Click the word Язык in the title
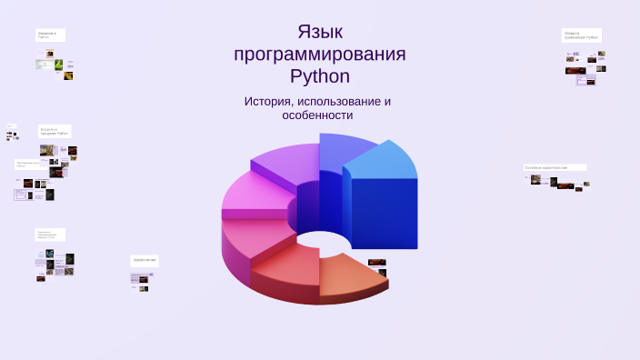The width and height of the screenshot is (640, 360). click(320, 32)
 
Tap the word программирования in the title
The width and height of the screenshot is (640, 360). click(320, 55)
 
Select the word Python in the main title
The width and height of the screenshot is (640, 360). click(320, 76)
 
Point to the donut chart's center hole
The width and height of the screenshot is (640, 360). click(317, 241)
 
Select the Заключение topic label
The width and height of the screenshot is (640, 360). click(145, 260)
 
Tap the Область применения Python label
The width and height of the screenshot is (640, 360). click(581, 35)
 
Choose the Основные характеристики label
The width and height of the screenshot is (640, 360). click(555, 167)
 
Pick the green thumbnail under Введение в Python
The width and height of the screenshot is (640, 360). click(58, 65)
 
